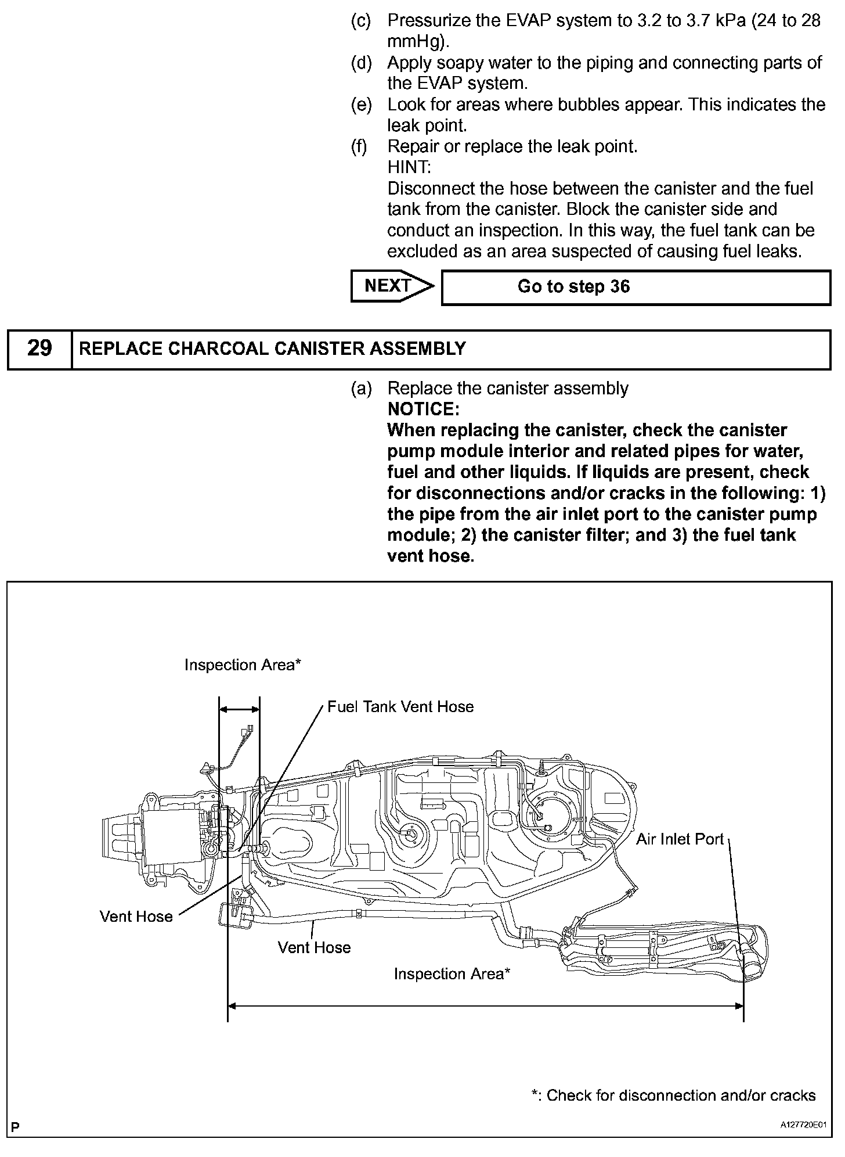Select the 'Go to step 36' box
(x=635, y=287)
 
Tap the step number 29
(x=39, y=348)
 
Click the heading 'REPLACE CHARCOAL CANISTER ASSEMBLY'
(x=272, y=348)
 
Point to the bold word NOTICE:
(x=423, y=409)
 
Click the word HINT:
(x=409, y=167)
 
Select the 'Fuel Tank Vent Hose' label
(x=400, y=707)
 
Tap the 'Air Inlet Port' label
(x=680, y=839)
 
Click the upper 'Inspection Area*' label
(x=243, y=665)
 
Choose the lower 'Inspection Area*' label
(x=452, y=974)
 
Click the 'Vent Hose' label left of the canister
(x=136, y=917)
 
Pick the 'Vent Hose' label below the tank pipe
(x=314, y=947)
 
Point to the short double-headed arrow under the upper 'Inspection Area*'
(x=239, y=709)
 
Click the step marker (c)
(x=361, y=21)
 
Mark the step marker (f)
(x=360, y=146)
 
